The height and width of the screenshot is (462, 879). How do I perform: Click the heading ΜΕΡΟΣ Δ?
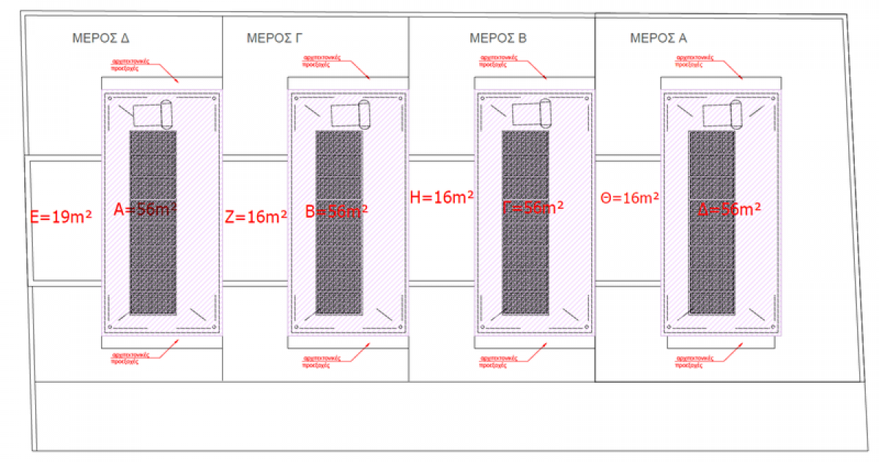tap(101, 38)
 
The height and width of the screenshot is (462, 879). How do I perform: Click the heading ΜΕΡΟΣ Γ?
tap(275, 38)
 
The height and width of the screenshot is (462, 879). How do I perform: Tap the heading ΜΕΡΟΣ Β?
tap(498, 38)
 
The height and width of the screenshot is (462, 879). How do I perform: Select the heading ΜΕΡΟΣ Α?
tap(659, 38)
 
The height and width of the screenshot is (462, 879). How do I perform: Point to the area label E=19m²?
tap(61, 216)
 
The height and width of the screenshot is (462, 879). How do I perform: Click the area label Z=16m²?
tap(255, 216)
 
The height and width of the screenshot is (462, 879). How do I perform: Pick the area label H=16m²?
tap(442, 197)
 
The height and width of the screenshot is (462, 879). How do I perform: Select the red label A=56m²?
tap(145, 210)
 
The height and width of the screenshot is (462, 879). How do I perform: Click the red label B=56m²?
tap(336, 211)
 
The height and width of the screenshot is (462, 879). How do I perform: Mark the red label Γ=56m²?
tap(533, 208)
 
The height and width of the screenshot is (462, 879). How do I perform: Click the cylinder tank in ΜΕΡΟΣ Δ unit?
tap(166, 113)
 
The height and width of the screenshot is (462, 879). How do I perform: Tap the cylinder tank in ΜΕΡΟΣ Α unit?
tap(735, 113)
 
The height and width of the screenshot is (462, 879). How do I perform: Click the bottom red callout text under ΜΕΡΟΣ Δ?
tap(130, 357)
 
